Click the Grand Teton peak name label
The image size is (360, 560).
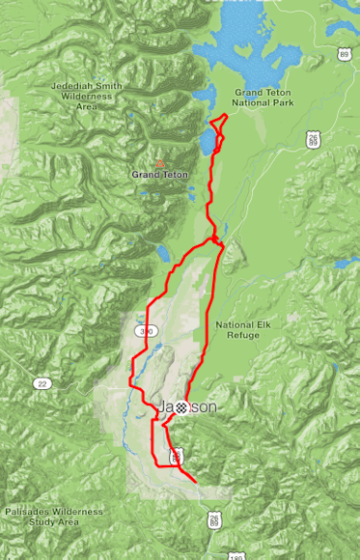(159, 175)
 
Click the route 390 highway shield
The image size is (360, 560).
(146, 331)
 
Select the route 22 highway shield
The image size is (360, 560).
(42, 383)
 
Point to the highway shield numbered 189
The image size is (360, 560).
(227, 553)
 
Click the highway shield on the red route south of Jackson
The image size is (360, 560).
(175, 454)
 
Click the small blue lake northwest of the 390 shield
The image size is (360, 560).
(162, 255)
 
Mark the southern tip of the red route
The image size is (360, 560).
(195, 481)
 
